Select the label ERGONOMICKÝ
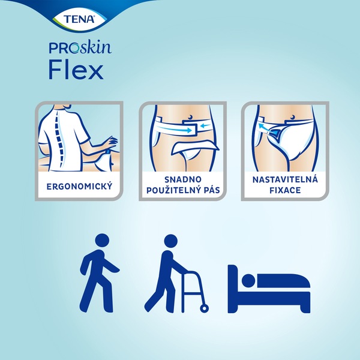click(79, 187)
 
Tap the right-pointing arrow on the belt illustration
click(178, 124)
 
